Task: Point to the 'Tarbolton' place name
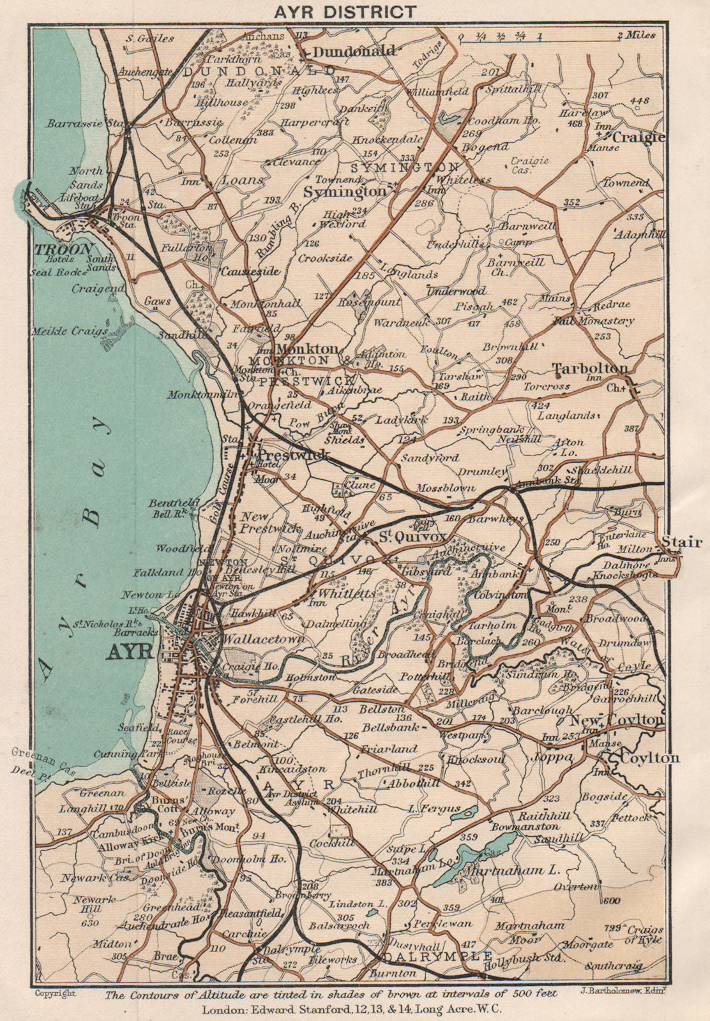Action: [x=589, y=368]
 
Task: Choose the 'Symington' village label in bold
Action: [x=344, y=191]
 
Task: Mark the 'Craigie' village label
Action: [x=638, y=137]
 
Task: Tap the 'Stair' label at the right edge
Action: [x=681, y=542]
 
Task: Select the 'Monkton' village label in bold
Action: [x=307, y=349]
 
